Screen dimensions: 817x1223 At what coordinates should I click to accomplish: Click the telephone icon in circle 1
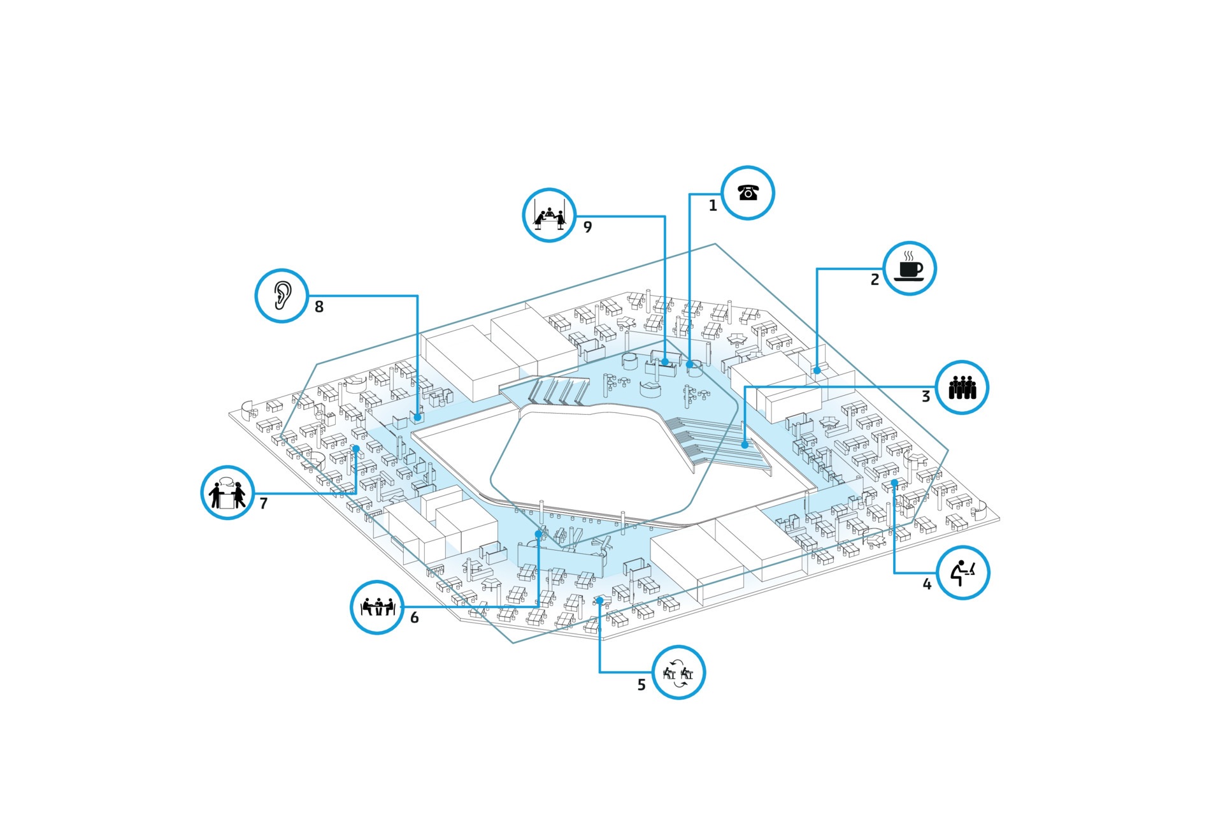point(748,192)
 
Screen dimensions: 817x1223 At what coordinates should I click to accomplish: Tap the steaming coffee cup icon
point(910,268)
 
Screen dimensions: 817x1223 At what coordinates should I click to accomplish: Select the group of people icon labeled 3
point(962,387)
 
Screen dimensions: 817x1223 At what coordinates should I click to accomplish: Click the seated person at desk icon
point(963,572)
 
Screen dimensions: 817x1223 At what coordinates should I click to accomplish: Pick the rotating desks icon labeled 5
point(678,672)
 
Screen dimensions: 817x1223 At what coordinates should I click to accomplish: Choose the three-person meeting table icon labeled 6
point(377,607)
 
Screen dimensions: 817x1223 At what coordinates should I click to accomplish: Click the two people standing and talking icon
point(227,493)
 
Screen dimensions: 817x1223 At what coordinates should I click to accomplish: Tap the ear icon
point(282,296)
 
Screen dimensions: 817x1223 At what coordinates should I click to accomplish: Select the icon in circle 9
point(549,215)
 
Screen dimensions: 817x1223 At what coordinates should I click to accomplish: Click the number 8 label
point(319,307)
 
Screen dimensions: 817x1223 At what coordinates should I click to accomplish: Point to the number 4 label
point(927,584)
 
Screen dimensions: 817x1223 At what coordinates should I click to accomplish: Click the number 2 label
point(875,280)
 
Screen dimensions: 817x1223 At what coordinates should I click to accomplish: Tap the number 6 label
point(415,618)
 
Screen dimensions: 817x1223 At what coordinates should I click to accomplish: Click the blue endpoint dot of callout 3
point(745,445)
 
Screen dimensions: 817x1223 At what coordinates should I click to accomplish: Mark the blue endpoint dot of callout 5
point(599,600)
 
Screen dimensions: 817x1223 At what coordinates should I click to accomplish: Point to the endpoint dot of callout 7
point(356,449)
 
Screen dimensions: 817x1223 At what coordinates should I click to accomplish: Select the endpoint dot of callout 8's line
point(417,417)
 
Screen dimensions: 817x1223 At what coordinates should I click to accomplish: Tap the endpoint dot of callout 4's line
point(894,483)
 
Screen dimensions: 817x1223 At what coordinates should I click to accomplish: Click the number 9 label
point(587,227)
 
